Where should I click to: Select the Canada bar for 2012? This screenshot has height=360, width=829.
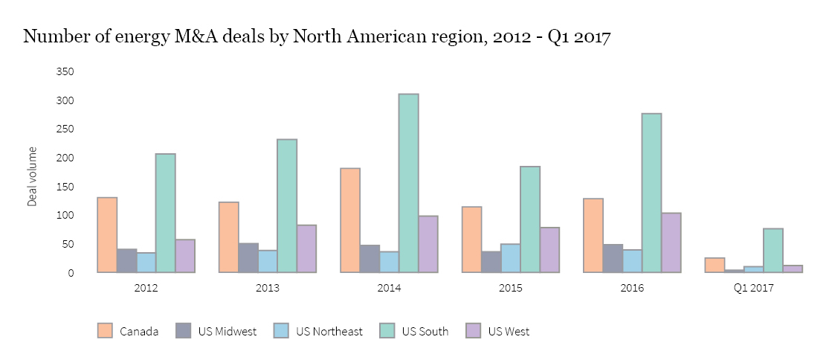coord(107,235)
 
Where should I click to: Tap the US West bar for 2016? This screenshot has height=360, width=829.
coord(671,242)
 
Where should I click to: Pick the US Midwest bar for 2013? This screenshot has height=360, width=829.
coord(248,257)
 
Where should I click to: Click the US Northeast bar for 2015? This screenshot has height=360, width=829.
coord(511,258)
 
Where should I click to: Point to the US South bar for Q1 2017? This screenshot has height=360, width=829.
coord(772,250)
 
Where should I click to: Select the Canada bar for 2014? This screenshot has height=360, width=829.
coord(350,220)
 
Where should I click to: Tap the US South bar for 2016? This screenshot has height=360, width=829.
coord(651,193)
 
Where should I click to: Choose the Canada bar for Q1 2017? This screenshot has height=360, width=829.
coord(715,265)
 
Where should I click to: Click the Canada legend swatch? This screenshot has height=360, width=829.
coord(105,331)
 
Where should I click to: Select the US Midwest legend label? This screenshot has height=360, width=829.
coord(228,332)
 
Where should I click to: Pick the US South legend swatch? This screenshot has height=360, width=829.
coord(387,331)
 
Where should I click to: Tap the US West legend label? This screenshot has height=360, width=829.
coord(509,332)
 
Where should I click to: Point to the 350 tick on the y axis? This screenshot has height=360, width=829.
coord(65,71)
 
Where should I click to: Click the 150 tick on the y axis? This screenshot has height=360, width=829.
coord(65,187)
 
